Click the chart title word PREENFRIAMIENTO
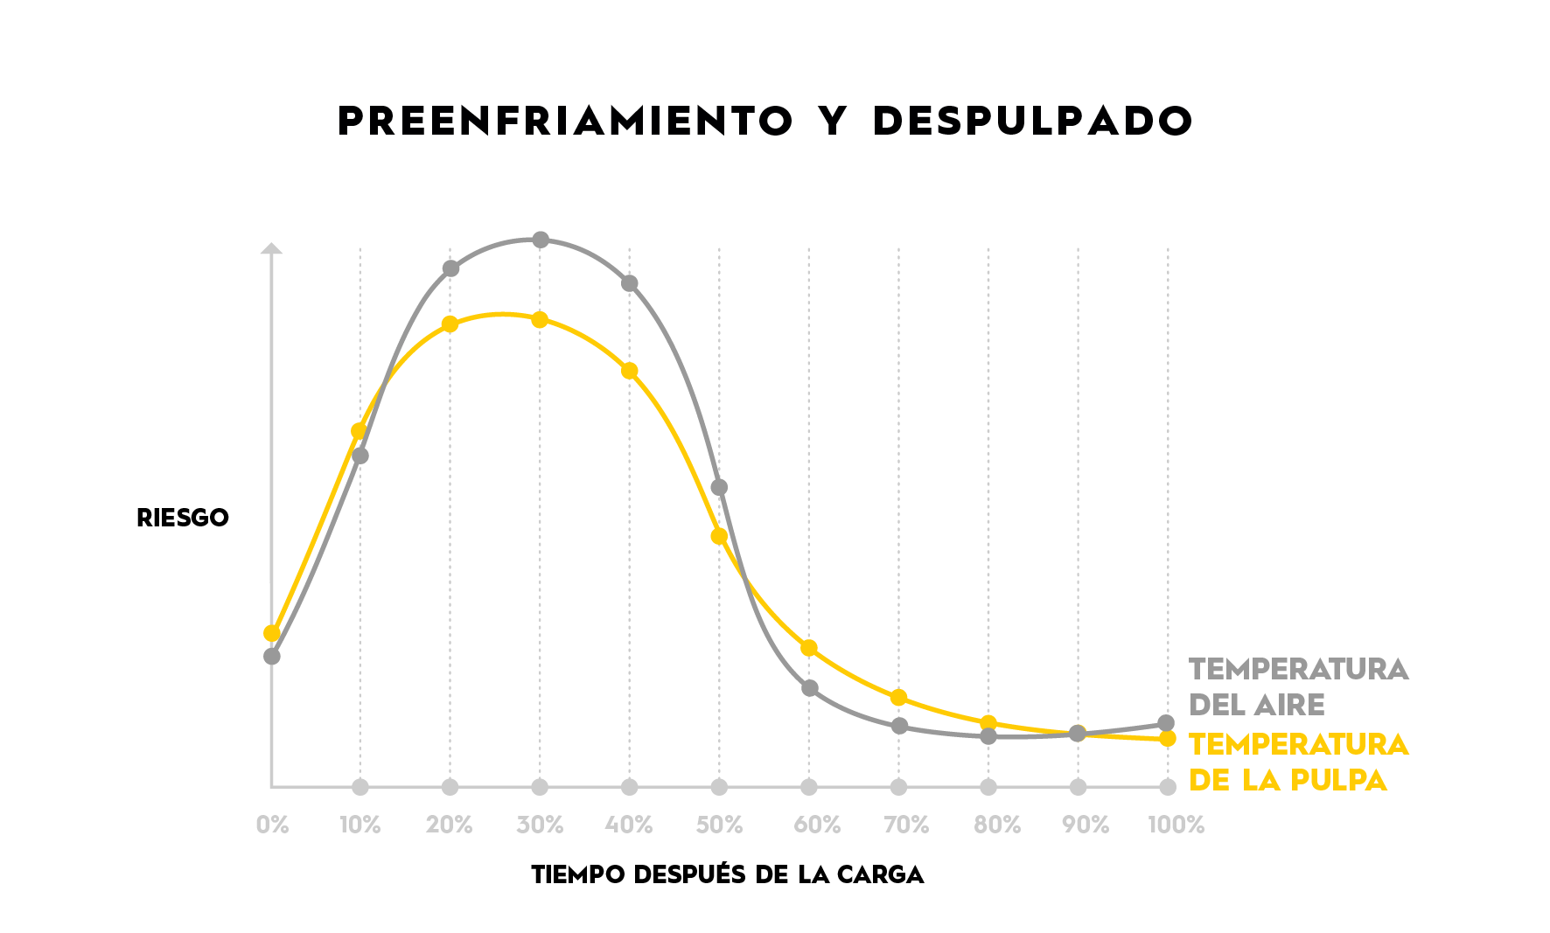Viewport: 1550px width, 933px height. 565,122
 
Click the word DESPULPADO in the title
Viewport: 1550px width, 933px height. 1032,122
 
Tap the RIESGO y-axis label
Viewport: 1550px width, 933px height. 183,518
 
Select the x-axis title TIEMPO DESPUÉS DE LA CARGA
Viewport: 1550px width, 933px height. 727,874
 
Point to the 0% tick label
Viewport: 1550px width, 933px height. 272,825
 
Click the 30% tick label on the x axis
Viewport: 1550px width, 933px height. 540,825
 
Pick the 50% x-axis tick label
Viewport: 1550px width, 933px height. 719,825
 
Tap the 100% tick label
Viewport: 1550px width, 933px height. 1176,825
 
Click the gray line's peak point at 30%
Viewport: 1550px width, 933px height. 541,240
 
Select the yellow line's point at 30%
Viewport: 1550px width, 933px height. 540,320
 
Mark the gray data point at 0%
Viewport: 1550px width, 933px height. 272,656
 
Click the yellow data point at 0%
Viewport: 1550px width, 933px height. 272,633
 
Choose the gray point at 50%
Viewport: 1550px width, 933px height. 719,487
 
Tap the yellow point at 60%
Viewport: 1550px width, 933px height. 809,648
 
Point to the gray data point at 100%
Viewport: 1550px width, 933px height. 1166,723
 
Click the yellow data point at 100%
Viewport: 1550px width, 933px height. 1167,739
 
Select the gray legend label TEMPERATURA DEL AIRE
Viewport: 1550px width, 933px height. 1298,686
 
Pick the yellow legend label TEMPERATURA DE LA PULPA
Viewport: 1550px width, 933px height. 1298,762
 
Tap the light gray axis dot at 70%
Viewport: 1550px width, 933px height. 898,787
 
